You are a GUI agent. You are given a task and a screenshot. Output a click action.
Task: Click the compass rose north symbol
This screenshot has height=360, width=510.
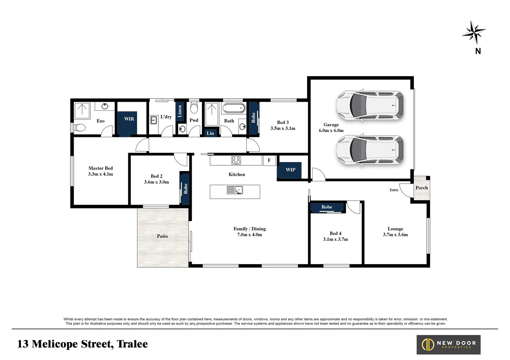point(474,33)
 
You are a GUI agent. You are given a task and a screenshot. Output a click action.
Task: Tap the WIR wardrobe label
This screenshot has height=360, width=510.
point(129,119)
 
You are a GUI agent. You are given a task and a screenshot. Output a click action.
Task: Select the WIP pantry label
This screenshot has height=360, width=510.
point(290,170)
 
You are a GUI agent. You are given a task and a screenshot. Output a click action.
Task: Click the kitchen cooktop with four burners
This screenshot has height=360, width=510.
point(236,160)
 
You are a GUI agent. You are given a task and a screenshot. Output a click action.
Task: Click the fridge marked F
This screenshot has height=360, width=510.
point(269,160)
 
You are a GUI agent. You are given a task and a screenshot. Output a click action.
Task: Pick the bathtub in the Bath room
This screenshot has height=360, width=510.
point(233,109)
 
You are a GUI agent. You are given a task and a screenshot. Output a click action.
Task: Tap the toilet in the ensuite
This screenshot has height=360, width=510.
point(79,128)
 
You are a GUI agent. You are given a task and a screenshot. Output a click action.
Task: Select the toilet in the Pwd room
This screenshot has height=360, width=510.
point(194,108)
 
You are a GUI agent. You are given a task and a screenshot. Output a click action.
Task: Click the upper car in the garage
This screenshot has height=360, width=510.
point(370,105)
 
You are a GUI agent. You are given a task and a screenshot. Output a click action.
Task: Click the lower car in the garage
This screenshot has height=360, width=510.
point(370,150)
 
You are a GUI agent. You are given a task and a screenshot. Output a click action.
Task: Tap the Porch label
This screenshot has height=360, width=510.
point(422,188)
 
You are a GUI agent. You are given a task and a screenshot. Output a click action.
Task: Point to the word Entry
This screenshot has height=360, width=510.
point(394,190)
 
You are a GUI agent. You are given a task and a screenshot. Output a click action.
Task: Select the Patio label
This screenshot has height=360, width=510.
point(162,236)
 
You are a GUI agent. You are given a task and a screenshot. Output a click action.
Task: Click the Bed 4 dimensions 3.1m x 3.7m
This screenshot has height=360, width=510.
point(335,239)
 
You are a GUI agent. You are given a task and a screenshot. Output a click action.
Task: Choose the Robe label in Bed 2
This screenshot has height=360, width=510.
point(185,189)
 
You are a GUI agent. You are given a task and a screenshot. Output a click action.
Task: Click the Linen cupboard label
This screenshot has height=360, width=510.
point(179,111)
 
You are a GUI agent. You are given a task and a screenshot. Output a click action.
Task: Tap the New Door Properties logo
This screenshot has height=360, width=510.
point(448,345)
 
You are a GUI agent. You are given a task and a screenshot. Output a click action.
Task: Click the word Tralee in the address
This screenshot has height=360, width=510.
point(132,344)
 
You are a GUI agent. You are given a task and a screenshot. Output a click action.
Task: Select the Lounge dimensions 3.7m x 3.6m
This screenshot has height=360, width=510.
point(395,235)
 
